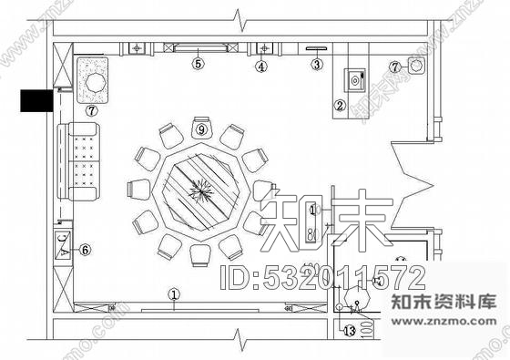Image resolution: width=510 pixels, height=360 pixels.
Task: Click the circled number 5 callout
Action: (x=197, y=64)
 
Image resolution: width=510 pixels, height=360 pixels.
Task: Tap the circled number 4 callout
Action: (x=260, y=65)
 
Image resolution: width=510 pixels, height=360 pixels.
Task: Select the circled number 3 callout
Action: (x=316, y=64)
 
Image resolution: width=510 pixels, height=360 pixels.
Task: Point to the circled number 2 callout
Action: (x=339, y=106)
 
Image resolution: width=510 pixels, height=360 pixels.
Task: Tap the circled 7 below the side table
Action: (x=92, y=110)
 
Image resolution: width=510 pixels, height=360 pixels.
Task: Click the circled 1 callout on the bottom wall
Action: (x=174, y=293)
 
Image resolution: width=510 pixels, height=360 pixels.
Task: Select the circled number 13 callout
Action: (x=347, y=330)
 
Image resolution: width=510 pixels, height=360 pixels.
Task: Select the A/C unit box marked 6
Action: (x=62, y=246)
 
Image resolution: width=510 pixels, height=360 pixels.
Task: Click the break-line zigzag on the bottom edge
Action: (x=238, y=344)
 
